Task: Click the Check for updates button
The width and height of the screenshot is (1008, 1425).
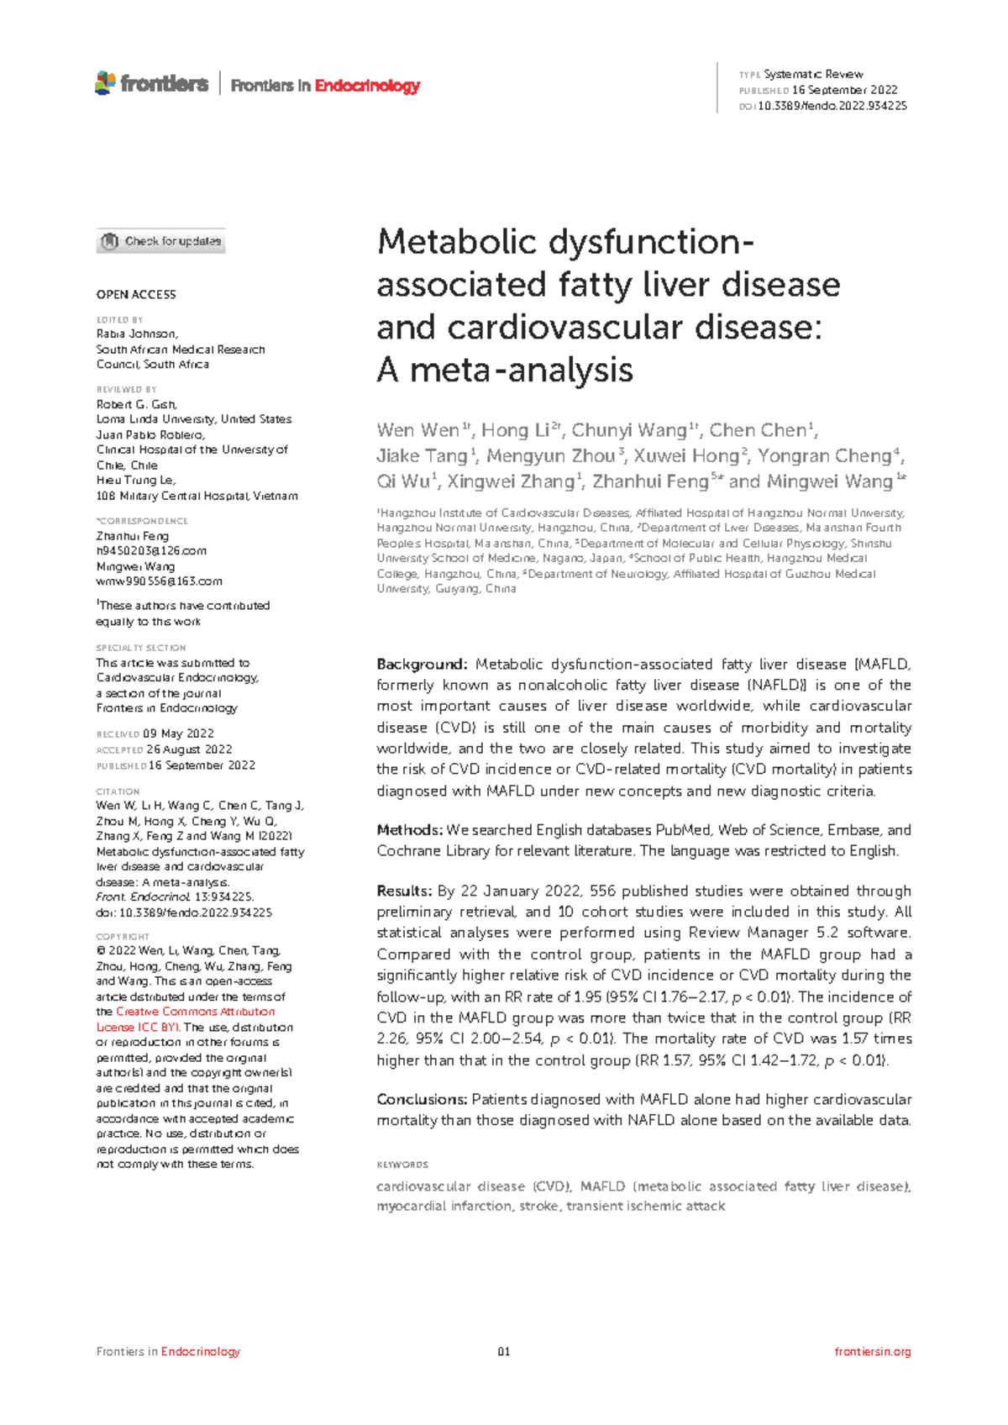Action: point(160,242)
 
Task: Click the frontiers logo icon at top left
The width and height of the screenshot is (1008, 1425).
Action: point(105,83)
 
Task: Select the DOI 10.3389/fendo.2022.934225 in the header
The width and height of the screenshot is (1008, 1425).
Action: point(832,106)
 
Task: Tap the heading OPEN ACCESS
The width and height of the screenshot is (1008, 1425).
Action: point(136,295)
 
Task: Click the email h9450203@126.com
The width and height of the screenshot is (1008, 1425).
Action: point(151,551)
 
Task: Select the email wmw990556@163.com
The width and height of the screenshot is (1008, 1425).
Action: point(159,581)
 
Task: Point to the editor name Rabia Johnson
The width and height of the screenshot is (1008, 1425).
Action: point(136,334)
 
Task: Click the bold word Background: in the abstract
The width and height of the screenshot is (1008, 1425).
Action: point(422,665)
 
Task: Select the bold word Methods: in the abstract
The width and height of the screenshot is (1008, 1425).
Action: point(409,830)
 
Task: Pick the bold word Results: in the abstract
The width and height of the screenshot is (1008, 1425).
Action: point(404,891)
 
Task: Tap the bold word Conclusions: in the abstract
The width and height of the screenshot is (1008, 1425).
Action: point(422,1100)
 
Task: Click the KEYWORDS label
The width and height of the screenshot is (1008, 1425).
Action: point(402,1165)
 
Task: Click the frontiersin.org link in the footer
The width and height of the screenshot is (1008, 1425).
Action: point(872,1352)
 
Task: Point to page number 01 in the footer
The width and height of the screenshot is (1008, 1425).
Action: point(504,1352)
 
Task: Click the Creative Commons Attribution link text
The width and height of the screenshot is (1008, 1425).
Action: point(195,1012)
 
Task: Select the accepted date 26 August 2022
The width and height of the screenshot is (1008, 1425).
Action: point(189,749)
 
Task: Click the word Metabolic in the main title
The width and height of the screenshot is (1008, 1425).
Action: point(457,243)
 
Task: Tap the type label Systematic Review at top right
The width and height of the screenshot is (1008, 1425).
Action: point(813,75)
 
